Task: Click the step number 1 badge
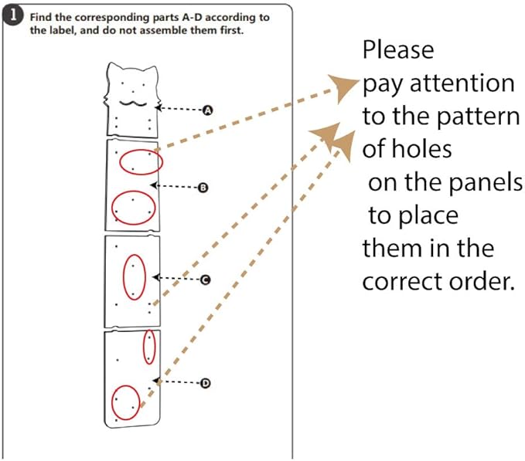(12, 15)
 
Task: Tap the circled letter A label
(208, 110)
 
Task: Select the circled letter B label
(203, 188)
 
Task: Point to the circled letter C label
(205, 280)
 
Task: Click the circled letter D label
(205, 383)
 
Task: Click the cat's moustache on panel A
(133, 103)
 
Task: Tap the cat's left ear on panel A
(113, 68)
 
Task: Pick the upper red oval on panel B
(141, 151)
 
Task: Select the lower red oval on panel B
(133, 192)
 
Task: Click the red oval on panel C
(135, 256)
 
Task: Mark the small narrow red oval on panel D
(149, 330)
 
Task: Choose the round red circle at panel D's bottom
(125, 386)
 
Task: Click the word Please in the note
(398, 50)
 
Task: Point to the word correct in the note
(403, 282)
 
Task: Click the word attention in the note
(462, 83)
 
